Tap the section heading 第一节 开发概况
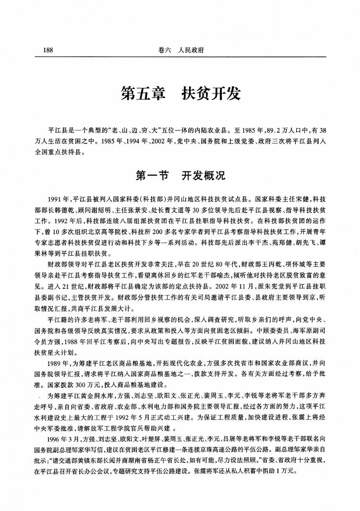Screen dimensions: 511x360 180,176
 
